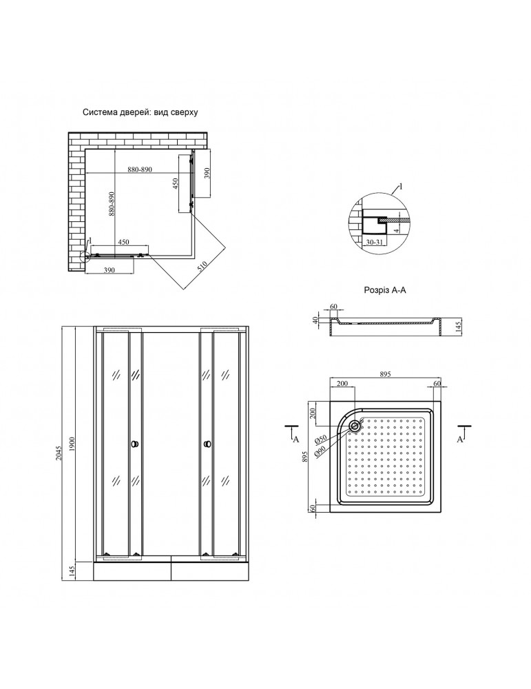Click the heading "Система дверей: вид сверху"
tap(140, 111)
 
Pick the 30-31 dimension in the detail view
tap(375, 242)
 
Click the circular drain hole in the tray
tap(355, 425)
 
